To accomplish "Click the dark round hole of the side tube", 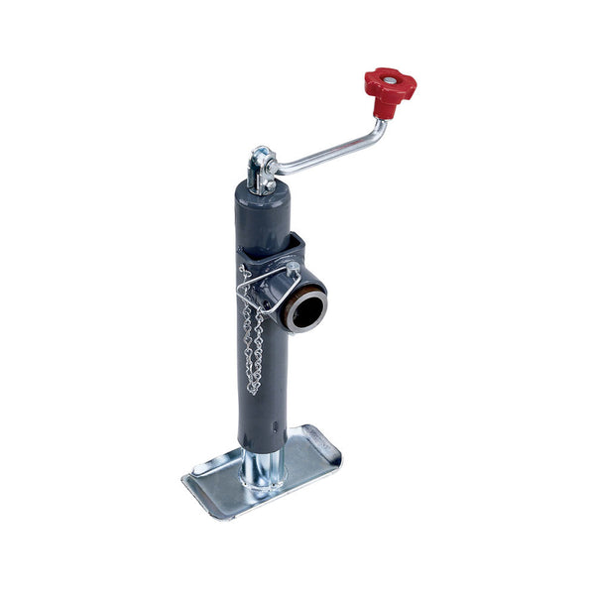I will [x=306, y=310].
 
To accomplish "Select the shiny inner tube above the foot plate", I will [x=265, y=466].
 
